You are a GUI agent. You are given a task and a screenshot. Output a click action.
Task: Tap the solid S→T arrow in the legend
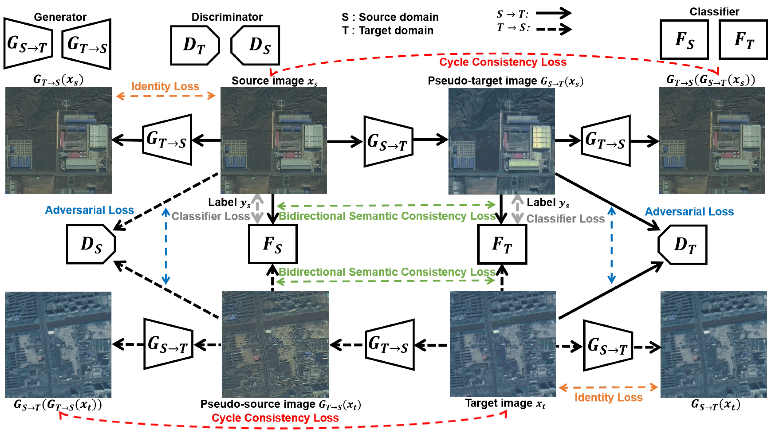click(553, 13)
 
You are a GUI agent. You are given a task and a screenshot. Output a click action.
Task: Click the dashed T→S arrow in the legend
click(553, 29)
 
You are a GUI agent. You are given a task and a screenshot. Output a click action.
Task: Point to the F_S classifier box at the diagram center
click(273, 244)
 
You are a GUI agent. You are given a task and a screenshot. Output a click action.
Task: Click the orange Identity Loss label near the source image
click(165, 86)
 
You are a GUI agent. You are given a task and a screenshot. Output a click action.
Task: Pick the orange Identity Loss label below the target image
click(608, 397)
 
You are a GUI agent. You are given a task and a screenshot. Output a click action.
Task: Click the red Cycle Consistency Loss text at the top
click(503, 62)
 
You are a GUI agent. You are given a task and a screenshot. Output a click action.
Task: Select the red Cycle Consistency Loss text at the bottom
click(275, 418)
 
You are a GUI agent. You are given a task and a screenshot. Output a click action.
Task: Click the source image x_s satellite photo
click(273, 140)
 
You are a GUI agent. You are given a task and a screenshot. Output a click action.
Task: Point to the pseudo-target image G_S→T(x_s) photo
click(501, 141)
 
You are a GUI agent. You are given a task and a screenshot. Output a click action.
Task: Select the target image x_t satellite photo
click(503, 344)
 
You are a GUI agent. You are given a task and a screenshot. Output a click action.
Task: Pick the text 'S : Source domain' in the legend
click(390, 17)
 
